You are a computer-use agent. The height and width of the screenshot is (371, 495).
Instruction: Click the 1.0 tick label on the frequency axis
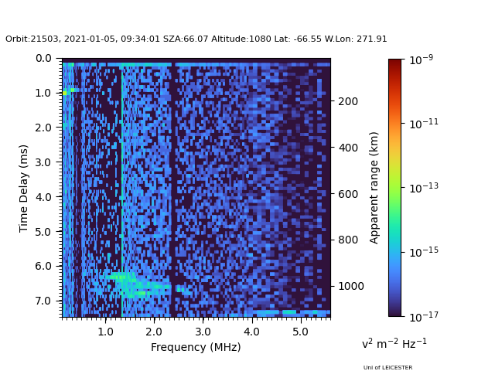[x=105, y=332]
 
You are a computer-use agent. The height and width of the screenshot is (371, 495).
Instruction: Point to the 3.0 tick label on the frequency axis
[x=203, y=332]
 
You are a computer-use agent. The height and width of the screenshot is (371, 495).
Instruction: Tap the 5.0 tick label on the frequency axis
[x=300, y=332]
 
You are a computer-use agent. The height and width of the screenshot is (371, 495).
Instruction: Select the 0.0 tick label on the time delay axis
[x=43, y=59]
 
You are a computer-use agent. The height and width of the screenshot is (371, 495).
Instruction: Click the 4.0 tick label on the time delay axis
[x=43, y=197]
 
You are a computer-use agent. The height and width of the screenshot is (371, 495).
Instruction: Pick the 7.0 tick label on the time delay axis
[x=43, y=301]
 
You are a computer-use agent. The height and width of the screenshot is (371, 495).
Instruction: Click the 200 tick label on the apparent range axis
[x=348, y=101]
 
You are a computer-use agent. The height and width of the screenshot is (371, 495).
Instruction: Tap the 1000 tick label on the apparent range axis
[x=351, y=286]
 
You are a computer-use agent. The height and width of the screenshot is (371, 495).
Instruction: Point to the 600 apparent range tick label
[x=348, y=194]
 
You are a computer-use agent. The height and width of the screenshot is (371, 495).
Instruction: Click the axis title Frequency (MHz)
[x=196, y=347]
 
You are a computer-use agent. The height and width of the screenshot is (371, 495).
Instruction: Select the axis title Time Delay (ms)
[x=23, y=189]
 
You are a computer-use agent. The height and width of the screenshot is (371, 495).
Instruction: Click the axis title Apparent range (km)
[x=374, y=188]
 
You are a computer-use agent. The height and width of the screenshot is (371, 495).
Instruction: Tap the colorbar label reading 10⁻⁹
[x=421, y=60]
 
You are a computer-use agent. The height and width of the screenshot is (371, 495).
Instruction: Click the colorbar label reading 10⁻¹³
[x=424, y=188]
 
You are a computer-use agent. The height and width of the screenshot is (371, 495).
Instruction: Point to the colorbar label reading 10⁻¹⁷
[x=424, y=316]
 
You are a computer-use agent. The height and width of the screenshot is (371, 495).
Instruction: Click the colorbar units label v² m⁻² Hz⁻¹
[x=394, y=343]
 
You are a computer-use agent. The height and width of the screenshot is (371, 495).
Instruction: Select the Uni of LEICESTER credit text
[x=387, y=368]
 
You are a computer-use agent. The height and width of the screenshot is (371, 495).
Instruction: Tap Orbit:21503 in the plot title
[x=32, y=39]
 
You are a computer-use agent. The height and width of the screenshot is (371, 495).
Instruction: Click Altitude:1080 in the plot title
[x=241, y=39]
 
